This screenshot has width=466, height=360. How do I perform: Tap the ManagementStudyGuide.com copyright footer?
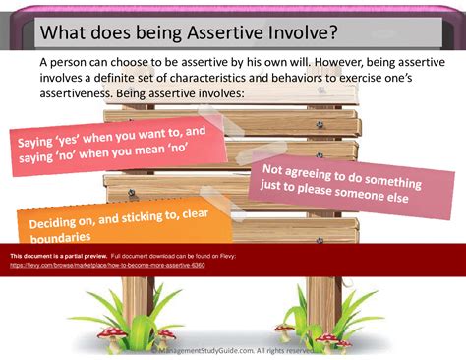coord(236,348)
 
